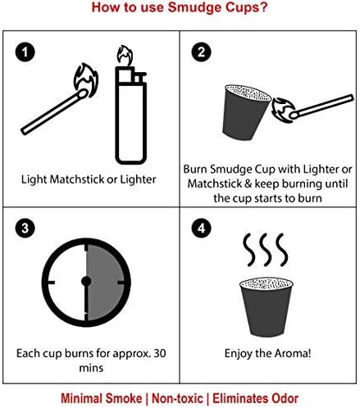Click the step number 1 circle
(x=25, y=52)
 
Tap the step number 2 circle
(x=201, y=52)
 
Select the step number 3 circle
(x=25, y=228)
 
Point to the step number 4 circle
(x=201, y=228)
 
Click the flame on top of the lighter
(x=125, y=56)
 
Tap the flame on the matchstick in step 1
(x=86, y=79)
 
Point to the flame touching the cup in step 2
(x=283, y=109)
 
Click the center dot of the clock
(x=86, y=281)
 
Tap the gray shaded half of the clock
(x=106, y=282)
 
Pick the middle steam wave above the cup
(x=267, y=250)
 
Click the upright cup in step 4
(x=267, y=307)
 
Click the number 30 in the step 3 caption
(x=160, y=353)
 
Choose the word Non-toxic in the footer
(x=177, y=398)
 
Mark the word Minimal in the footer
(x=81, y=398)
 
